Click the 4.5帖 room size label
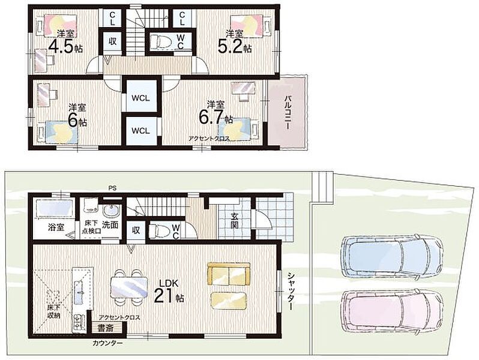click(65, 47)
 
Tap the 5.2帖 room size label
click(235, 47)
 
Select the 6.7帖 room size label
click(215, 117)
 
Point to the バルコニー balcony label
click(288, 113)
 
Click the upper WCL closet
click(140, 98)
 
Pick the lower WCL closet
click(140, 131)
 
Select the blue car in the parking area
click(392, 256)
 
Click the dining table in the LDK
click(128, 287)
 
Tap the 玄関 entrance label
click(235, 221)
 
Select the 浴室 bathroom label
click(56, 227)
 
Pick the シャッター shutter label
click(291, 291)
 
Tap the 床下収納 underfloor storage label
click(53, 311)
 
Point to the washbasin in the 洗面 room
click(110, 211)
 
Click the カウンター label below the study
click(108, 343)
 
